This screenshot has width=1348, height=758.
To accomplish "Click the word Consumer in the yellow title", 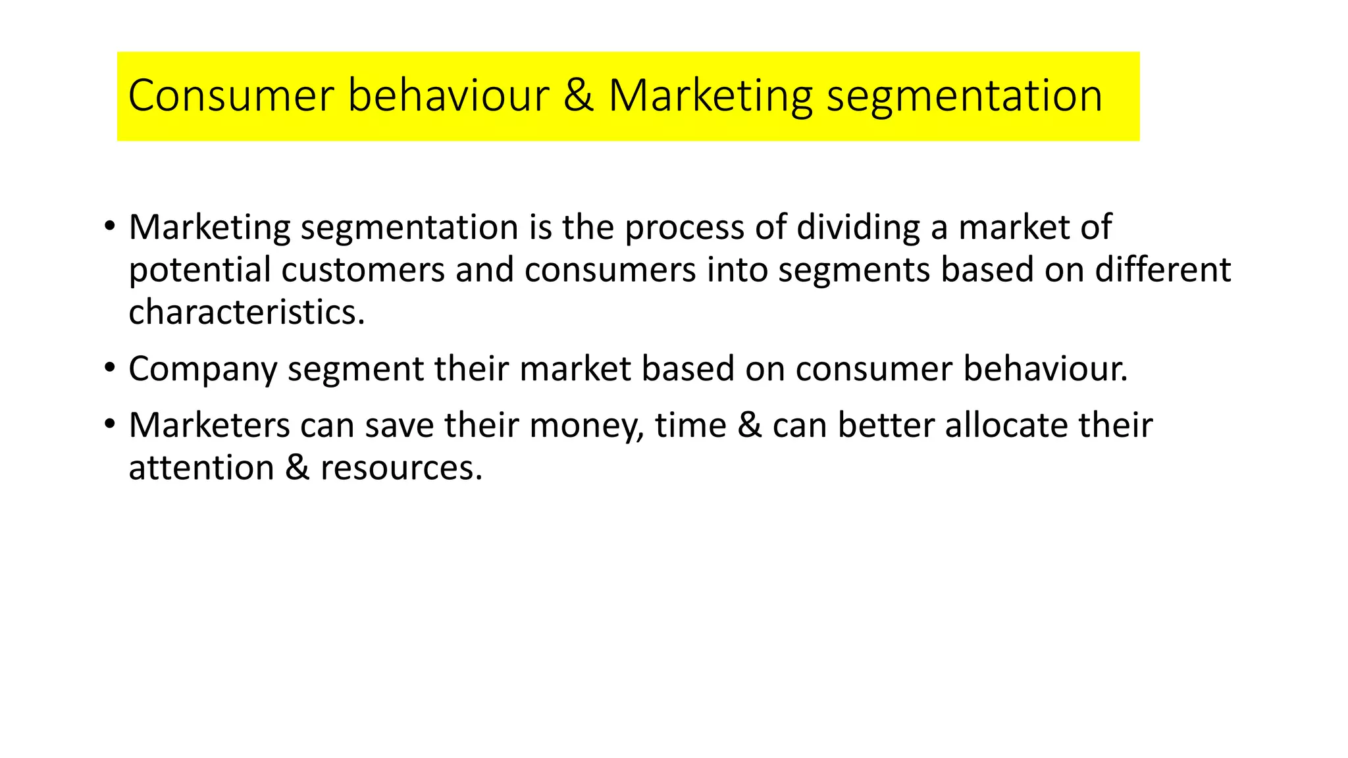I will coord(231,96).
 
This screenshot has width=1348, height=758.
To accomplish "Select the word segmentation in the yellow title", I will coord(964,96).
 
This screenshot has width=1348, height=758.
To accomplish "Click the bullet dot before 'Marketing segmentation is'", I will coord(109,226).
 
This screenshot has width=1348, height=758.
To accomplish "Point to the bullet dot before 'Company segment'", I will coord(109,368).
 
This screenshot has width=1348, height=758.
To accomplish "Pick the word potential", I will coord(200,270).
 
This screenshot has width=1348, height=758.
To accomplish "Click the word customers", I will coord(363,270).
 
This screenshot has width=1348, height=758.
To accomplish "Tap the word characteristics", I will coord(246,313).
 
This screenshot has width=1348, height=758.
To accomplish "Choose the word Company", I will coord(203,369).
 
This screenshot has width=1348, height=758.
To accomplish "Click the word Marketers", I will coord(209,425).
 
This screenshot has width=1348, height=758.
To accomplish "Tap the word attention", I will coord(201,468).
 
